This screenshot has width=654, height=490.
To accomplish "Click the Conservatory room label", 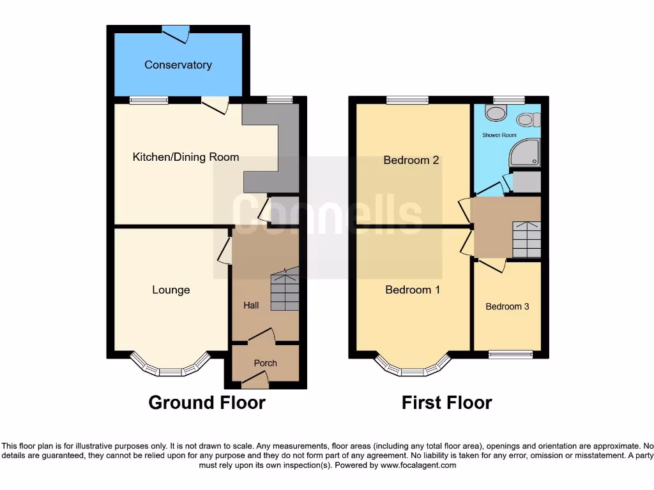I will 178,64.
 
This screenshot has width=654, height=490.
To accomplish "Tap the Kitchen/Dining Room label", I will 185,157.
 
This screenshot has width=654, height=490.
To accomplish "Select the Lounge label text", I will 171,290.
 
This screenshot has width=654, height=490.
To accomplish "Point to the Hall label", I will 251,306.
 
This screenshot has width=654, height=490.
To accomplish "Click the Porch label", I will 266,363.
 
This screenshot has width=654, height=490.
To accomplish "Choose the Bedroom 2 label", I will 411,160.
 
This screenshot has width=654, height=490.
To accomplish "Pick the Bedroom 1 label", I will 413,290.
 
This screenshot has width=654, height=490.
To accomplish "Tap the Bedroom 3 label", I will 507,306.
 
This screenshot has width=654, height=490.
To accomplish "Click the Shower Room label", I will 499,135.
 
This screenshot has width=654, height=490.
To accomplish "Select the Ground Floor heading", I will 207,403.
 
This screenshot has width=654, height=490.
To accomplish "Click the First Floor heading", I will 446,403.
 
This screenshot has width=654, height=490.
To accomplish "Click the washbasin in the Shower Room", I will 494,114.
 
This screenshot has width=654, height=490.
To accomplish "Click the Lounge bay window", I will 170,368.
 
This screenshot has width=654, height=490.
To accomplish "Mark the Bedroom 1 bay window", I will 412,368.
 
